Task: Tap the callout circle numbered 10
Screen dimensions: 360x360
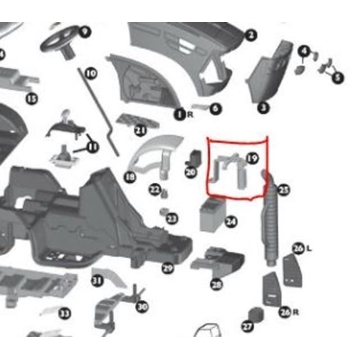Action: (90, 73)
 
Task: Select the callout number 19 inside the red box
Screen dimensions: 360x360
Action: (252, 158)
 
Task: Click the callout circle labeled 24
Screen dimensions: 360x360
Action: (231, 221)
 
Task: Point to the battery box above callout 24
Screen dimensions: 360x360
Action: (213, 213)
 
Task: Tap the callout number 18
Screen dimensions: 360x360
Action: (130, 177)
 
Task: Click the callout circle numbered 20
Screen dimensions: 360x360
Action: (190, 172)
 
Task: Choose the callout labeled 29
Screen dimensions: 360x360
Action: (168, 267)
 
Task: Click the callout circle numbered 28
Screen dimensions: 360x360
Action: (216, 284)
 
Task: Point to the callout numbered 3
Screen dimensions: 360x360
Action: (263, 107)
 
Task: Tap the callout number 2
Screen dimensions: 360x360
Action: (251, 34)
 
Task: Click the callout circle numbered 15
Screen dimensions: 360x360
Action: (31, 98)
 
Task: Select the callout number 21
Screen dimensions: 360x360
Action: (140, 130)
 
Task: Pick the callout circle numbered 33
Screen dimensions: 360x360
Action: (64, 313)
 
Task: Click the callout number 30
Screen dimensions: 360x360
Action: (142, 306)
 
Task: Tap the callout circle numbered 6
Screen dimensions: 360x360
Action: (215, 108)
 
